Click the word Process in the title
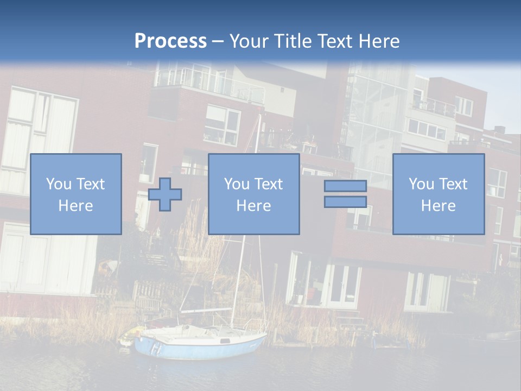170,41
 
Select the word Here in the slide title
379,41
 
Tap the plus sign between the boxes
165,194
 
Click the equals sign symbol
345,194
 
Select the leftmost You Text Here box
76,194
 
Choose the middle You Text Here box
253,194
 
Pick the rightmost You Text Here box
439,194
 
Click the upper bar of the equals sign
345,186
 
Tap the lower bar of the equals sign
345,202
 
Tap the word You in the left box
58,184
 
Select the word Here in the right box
439,206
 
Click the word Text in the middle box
269,184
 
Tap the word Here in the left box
76,206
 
